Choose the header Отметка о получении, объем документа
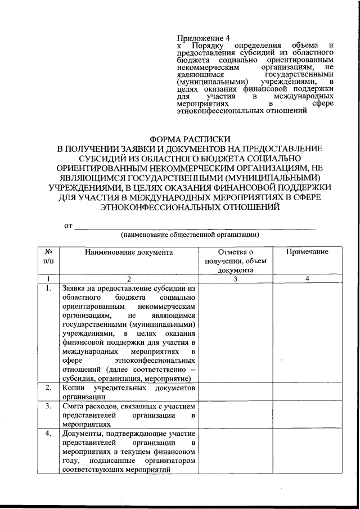click(236, 260)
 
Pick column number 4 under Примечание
click(307, 278)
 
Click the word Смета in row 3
click(74, 406)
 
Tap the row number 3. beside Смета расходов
click(49, 406)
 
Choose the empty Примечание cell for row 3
click(307, 415)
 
